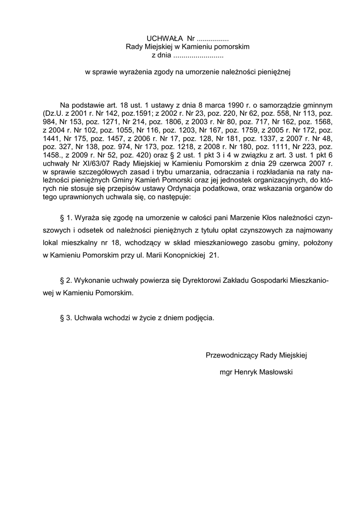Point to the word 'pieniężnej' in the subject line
point(273,72)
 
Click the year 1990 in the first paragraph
point(235,105)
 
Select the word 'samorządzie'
point(284,105)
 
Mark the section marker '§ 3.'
point(66,318)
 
